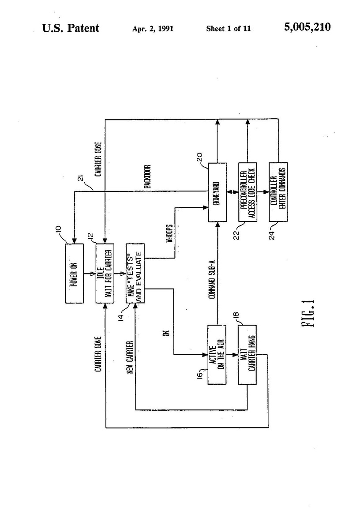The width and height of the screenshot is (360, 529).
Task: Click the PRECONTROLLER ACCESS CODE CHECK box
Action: click(247, 192)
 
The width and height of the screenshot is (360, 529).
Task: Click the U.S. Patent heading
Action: click(71, 28)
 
